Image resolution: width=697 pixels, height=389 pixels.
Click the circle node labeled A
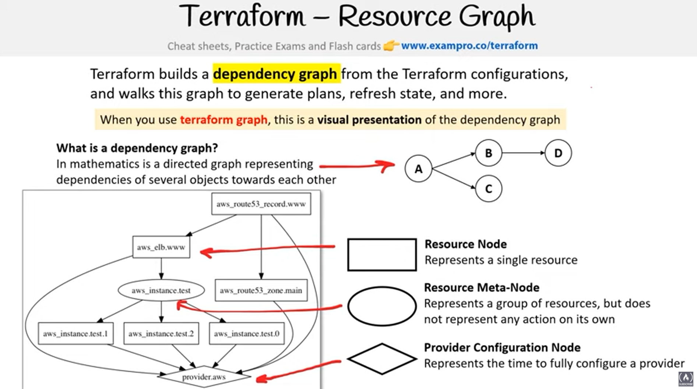click(418, 169)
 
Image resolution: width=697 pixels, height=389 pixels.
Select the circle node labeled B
click(489, 153)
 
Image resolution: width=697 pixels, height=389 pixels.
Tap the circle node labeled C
click(489, 188)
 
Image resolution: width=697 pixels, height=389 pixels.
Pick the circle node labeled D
click(558, 153)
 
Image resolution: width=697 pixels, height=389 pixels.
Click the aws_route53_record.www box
click(261, 204)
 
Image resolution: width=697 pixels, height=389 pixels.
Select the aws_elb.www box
click(161, 247)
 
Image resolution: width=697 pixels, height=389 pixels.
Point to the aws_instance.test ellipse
click(161, 290)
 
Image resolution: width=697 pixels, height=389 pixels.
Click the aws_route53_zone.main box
click(261, 290)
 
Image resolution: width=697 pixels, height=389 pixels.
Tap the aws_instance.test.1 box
click(75, 334)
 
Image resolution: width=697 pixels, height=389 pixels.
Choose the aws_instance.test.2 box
click(161, 334)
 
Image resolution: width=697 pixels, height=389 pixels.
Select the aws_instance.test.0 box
click(247, 334)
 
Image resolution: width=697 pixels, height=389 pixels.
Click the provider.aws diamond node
click(204, 377)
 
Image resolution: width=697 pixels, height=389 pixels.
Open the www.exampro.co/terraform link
click(469, 46)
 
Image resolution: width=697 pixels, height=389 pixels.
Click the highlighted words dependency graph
click(275, 74)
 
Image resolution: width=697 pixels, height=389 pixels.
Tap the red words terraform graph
click(223, 120)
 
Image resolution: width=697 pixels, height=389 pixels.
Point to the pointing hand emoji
click(391, 46)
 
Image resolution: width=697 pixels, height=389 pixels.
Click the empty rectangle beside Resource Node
click(382, 255)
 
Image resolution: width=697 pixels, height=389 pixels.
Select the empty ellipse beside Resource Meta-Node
click(382, 306)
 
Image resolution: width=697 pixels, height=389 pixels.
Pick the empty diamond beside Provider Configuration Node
click(382, 359)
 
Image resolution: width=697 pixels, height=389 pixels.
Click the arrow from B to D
click(523, 153)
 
